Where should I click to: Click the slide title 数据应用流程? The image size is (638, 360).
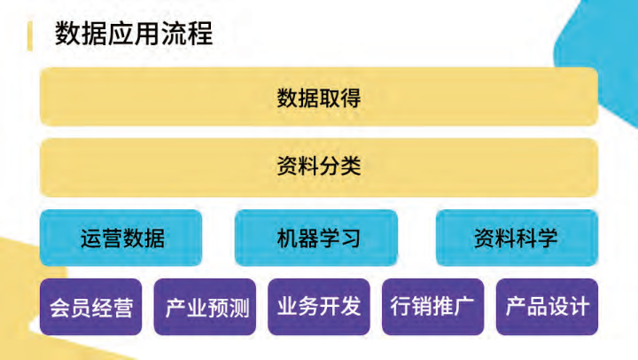[133, 34]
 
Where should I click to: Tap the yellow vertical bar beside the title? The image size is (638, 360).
[31, 35]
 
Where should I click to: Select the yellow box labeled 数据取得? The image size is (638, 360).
[319, 97]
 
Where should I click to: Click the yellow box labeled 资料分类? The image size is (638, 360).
[319, 167]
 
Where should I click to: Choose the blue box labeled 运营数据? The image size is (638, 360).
[121, 238]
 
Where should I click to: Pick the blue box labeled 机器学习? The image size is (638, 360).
[316, 238]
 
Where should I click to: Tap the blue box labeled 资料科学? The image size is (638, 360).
[516, 238]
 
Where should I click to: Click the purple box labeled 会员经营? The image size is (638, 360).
[90, 308]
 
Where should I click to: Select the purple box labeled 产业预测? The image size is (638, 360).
[205, 308]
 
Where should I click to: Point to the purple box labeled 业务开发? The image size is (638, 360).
[319, 307]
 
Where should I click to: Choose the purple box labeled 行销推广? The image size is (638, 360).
[432, 307]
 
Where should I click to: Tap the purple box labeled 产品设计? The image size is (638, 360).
[547, 307]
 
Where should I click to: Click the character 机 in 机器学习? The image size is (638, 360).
[285, 238]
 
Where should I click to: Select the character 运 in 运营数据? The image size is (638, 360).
[90, 238]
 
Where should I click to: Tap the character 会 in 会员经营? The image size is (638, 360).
[59, 308]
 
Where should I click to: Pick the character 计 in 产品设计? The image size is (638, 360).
[579, 307]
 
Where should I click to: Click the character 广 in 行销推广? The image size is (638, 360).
[464, 307]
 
